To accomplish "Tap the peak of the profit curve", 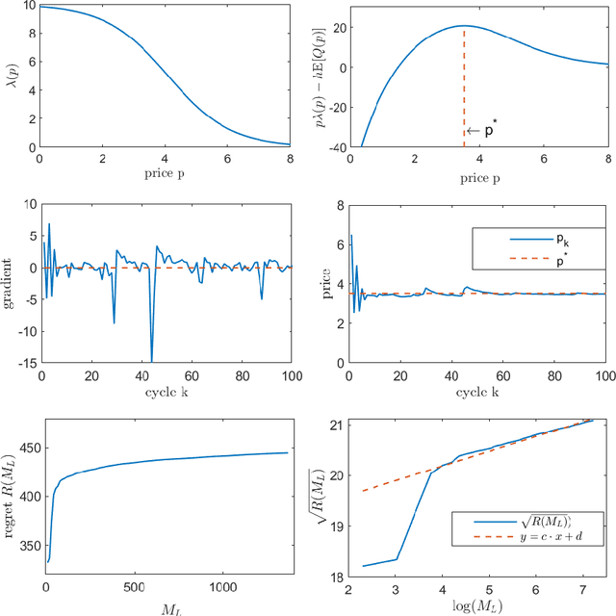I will (x=464, y=26).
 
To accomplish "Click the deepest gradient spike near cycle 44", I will (x=151, y=360).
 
